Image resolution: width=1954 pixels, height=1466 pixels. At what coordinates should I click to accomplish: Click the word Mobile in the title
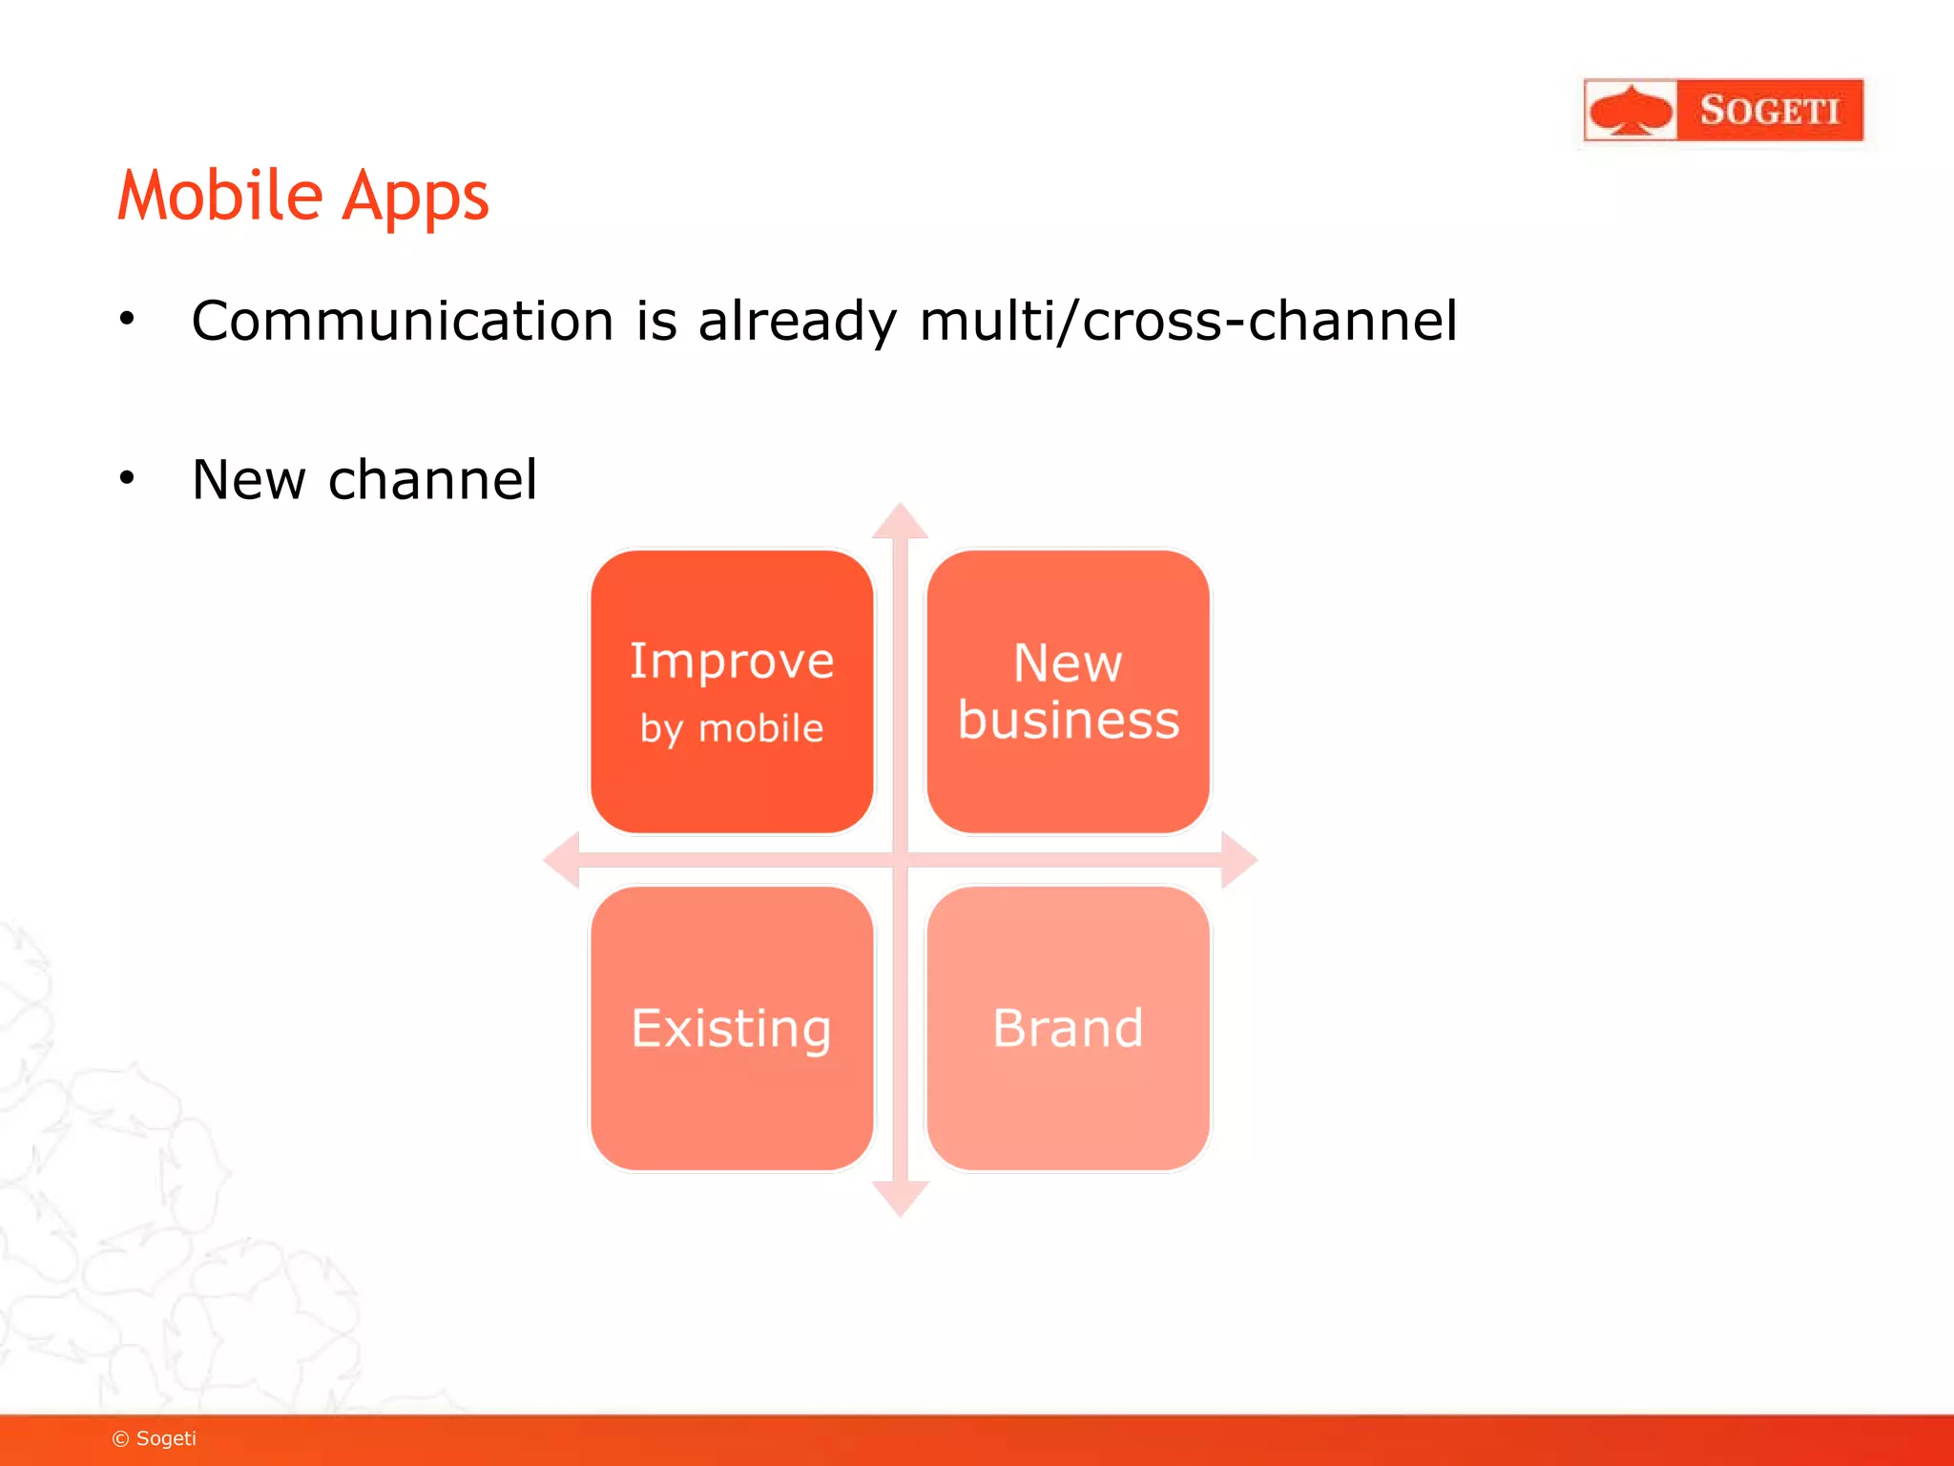(x=220, y=196)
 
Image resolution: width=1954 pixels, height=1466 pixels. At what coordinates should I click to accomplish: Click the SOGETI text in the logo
(x=1769, y=111)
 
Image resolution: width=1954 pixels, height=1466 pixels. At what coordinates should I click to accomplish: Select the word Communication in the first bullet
(x=402, y=321)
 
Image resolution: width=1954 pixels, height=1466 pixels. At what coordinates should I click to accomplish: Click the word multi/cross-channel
(x=1188, y=321)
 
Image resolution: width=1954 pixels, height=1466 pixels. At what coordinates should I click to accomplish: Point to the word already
(x=797, y=323)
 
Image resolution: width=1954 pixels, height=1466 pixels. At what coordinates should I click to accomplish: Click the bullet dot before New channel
(x=127, y=477)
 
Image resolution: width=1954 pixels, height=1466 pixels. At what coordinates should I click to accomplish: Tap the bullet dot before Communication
(x=127, y=319)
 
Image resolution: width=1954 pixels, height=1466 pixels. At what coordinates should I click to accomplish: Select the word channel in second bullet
(x=432, y=479)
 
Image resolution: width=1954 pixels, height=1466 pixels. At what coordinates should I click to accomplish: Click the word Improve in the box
(x=732, y=660)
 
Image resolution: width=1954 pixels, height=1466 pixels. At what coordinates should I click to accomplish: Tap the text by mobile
(x=732, y=729)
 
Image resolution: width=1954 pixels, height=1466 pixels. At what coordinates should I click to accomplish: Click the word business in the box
(x=1069, y=720)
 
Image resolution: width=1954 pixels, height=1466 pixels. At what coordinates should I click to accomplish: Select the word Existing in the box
(x=732, y=1029)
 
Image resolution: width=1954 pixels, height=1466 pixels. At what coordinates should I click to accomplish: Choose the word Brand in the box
(x=1069, y=1028)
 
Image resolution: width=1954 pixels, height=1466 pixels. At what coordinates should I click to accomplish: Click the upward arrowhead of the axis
(x=900, y=521)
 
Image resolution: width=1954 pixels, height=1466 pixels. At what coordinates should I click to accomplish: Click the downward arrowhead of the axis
(x=900, y=1199)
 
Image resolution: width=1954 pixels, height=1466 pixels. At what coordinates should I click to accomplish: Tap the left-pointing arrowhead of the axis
(x=562, y=859)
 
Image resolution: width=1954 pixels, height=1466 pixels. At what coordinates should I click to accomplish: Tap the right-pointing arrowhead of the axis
(x=1238, y=859)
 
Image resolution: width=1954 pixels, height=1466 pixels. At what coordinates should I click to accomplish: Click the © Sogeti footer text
(x=155, y=1438)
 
